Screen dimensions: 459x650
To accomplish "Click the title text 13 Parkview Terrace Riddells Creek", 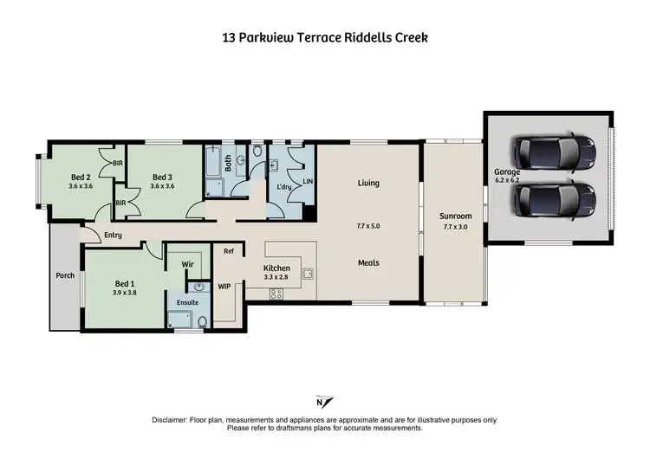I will coord(324,38).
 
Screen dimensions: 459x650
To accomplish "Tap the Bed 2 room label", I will coord(80,175).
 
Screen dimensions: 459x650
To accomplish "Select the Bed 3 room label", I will coord(163,175).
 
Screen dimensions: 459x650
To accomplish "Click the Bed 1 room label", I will coord(125,283).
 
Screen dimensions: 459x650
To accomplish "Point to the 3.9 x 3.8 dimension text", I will coord(125,294).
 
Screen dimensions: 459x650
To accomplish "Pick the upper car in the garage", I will coord(554,153).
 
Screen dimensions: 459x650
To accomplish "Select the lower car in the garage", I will coord(554,200).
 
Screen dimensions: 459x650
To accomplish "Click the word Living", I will coord(368,184).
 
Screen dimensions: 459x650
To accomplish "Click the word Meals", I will coord(368,263).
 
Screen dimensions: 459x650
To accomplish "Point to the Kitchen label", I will coord(276,268).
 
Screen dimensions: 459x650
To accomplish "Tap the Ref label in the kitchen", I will coord(229,252).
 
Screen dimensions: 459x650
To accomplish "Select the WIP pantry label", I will coord(224,285).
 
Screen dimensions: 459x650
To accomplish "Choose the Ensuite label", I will coord(188,302).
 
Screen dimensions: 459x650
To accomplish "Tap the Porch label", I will coord(65,277).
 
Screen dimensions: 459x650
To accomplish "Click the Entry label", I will coord(113,235).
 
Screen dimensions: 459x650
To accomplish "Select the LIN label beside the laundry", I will coord(306,181).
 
